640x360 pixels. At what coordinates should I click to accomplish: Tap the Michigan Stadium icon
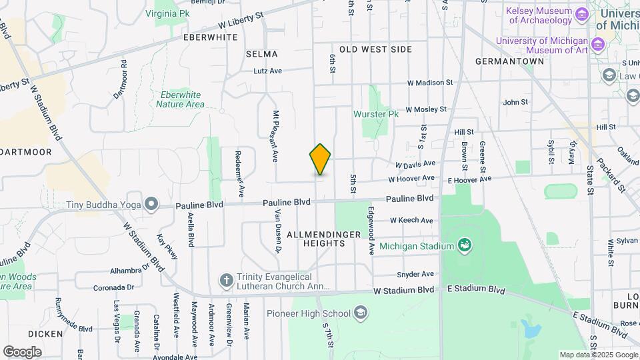click(x=464, y=246)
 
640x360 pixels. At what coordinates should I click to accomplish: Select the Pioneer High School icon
click(x=361, y=313)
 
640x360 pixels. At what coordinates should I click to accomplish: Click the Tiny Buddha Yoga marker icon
click(x=151, y=203)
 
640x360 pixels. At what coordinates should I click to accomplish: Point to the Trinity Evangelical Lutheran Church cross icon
click(x=227, y=281)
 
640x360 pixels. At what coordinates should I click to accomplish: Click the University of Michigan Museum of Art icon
click(x=597, y=45)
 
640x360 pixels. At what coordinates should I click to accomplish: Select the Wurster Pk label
click(x=375, y=114)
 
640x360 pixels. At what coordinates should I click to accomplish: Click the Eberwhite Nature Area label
click(x=180, y=99)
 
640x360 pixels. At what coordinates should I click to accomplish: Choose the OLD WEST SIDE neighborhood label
click(x=375, y=49)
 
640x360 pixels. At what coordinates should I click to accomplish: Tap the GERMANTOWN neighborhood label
click(x=509, y=61)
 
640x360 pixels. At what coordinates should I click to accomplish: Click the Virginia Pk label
click(x=167, y=13)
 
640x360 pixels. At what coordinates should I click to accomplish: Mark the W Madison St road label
click(x=430, y=83)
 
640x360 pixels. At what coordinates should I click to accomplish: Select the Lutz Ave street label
click(x=267, y=71)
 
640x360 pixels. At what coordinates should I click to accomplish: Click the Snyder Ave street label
click(x=415, y=274)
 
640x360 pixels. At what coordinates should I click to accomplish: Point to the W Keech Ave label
click(x=411, y=220)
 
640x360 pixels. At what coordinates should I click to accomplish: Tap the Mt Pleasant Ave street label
click(x=275, y=137)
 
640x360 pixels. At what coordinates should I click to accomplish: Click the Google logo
click(x=22, y=351)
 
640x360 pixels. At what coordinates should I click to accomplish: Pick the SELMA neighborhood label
click(x=261, y=54)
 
